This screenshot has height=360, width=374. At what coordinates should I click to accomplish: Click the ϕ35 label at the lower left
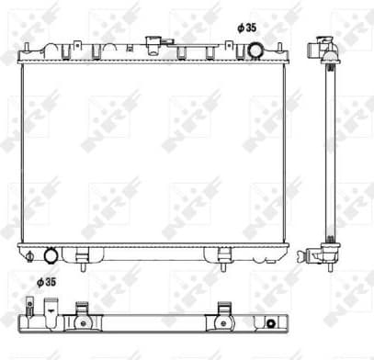(x=47, y=282)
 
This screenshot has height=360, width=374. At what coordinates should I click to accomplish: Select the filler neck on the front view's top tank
(x=165, y=42)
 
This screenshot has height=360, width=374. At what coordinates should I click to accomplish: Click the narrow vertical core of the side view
(x=325, y=152)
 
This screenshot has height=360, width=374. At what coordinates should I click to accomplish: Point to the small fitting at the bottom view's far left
(x=22, y=318)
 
